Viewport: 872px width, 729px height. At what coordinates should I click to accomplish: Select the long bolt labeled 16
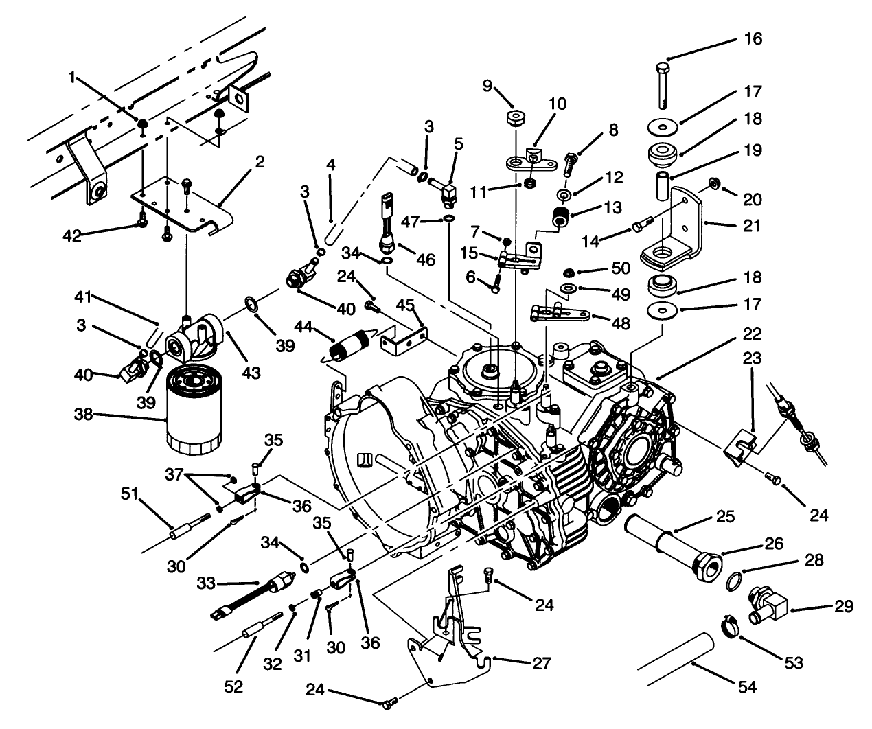662,85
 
